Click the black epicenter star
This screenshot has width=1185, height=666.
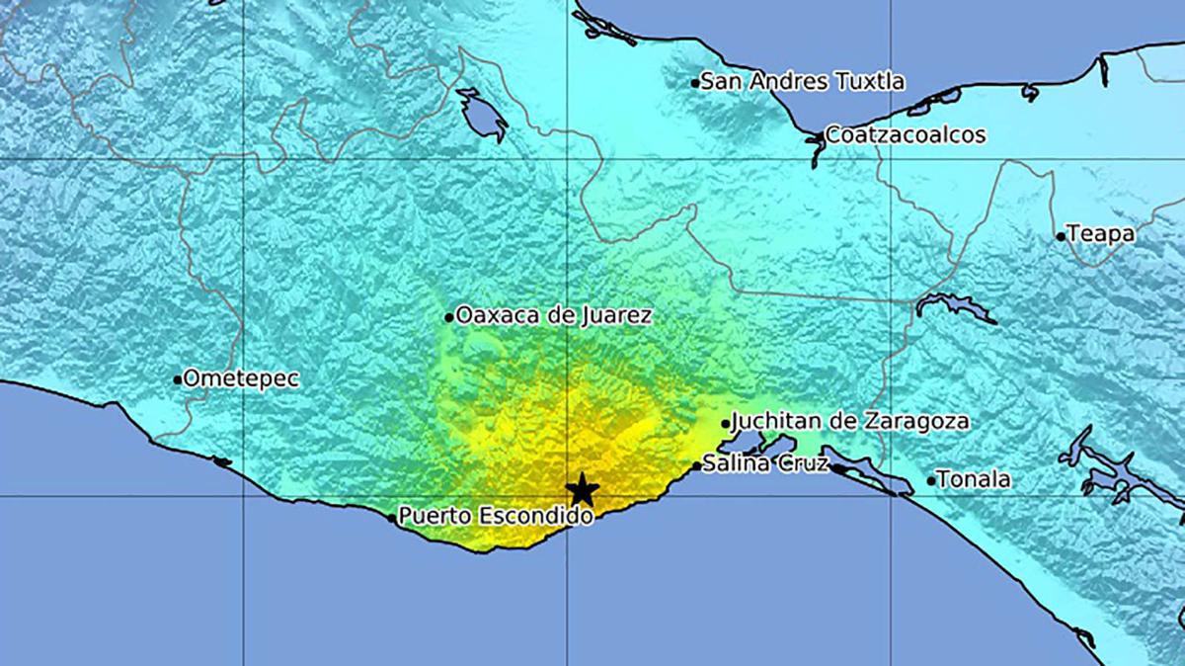tap(583, 488)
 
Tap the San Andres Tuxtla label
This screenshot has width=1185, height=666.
tap(803, 82)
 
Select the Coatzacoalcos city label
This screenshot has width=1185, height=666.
tap(905, 134)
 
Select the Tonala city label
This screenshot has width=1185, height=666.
tap(974, 480)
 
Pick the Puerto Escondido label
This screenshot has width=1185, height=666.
tap(496, 516)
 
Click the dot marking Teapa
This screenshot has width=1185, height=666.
tap(1061, 236)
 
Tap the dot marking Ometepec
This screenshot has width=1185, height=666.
tap(178, 378)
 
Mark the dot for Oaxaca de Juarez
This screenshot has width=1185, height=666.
tap(449, 317)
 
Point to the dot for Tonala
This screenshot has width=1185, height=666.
tap(931, 481)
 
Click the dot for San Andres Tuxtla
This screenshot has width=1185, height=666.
tap(695, 83)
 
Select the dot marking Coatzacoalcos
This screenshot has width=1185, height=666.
tap(820, 136)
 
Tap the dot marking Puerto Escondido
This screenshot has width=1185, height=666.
tap(392, 516)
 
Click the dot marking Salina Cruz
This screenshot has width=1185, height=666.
tap(696, 465)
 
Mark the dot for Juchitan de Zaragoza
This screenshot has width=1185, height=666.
tap(726, 424)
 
